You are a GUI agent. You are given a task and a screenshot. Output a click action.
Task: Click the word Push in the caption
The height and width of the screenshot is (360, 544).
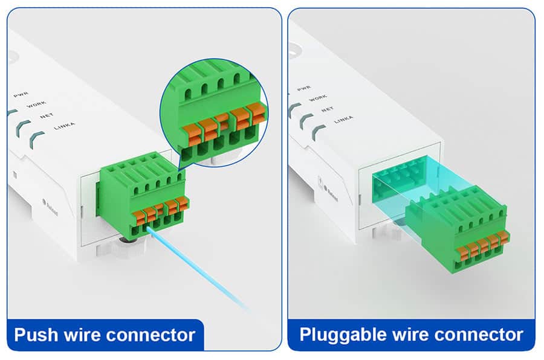[36, 334]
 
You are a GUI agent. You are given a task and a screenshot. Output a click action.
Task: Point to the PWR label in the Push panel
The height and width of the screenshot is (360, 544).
[21, 95]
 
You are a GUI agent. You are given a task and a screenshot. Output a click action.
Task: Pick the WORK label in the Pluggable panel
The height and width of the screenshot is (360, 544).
[317, 99]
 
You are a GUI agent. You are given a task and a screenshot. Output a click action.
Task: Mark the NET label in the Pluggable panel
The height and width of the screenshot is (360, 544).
[327, 109]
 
